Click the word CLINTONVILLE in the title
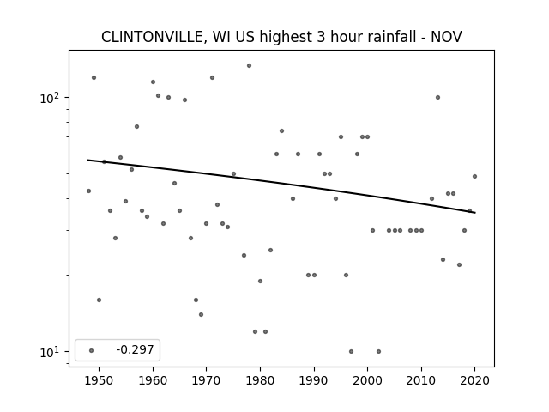(x=153, y=37)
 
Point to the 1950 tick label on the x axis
(x=100, y=380)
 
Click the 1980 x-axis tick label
(x=260, y=380)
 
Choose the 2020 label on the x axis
(x=474, y=380)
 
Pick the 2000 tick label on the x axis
(x=367, y=380)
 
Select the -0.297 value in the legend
(x=136, y=349)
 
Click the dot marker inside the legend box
(x=92, y=350)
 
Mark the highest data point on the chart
(x=249, y=65)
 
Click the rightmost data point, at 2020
(x=474, y=176)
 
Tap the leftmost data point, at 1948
(x=88, y=191)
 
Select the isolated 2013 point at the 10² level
(x=437, y=97)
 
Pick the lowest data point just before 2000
(x=351, y=351)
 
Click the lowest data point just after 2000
(x=378, y=351)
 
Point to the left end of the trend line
(x=87, y=161)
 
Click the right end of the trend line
(x=475, y=213)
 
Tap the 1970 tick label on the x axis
(x=206, y=380)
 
